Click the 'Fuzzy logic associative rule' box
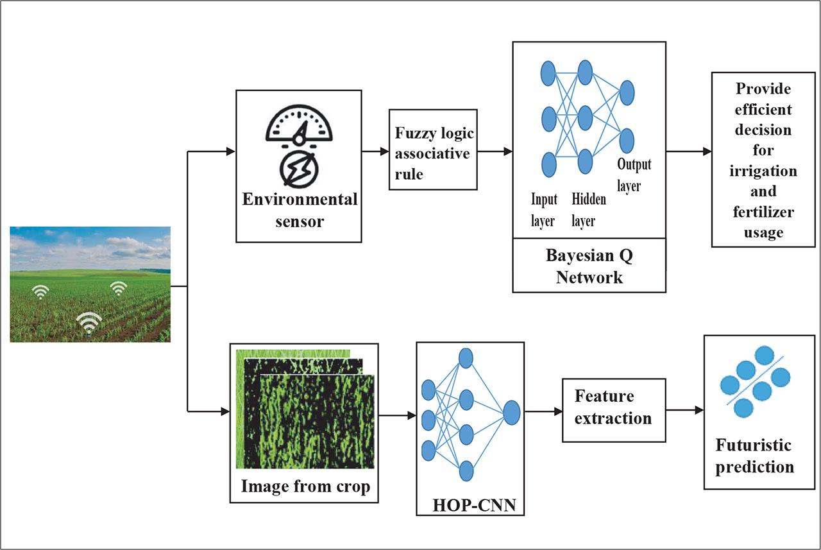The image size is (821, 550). (433, 150)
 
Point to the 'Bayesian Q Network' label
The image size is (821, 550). (589, 266)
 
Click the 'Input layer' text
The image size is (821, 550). (543, 210)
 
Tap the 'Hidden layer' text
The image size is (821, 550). (588, 210)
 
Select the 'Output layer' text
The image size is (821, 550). (634, 175)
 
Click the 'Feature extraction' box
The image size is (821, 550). (613, 407)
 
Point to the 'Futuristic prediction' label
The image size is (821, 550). (754, 456)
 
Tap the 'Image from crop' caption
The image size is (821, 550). (305, 486)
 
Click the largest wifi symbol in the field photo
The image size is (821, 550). (89, 323)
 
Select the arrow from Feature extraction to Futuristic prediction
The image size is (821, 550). (685, 409)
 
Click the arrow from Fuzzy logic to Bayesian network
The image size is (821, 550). (495, 151)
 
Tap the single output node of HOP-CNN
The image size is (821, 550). (511, 413)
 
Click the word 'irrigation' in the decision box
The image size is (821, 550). (763, 171)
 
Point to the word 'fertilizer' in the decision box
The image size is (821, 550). (763, 211)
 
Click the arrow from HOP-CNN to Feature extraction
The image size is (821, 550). (543, 411)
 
